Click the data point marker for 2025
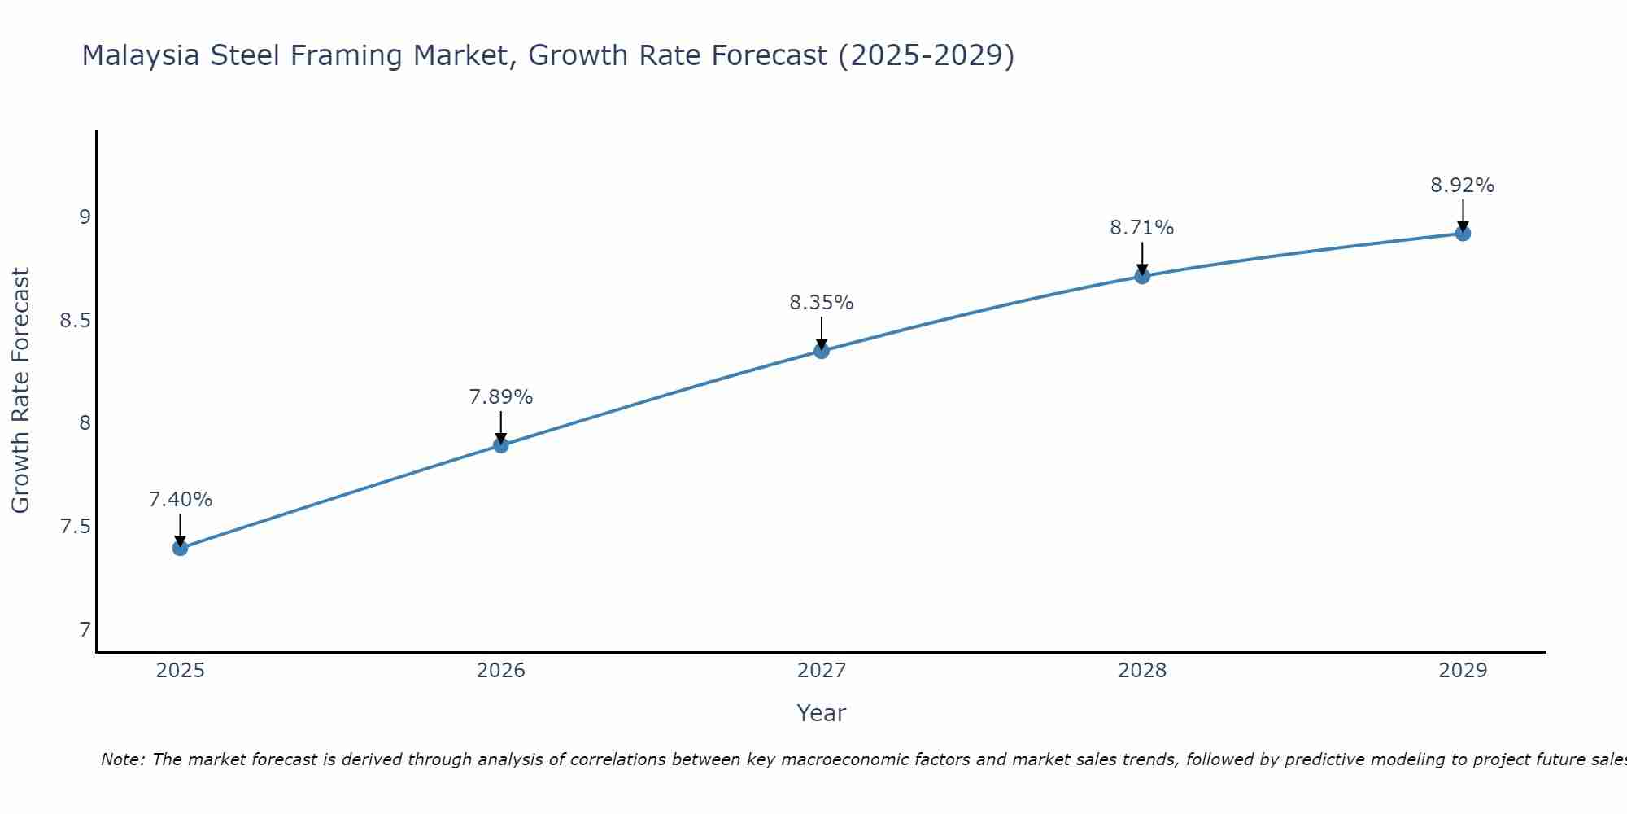181,548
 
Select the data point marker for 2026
501,445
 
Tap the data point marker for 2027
822,351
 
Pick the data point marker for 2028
1142,276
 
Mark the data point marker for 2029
1463,234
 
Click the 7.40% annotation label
181,500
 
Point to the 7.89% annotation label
501,397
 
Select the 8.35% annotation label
822,303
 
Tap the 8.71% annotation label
1142,228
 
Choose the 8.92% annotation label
1463,186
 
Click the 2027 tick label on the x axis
822,671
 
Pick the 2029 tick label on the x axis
1463,671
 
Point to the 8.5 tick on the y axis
75,321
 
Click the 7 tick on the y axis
85,630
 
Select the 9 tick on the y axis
85,217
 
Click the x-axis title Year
822,713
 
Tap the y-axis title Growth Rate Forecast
20,391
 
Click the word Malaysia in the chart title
141,55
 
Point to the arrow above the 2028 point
1142,259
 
